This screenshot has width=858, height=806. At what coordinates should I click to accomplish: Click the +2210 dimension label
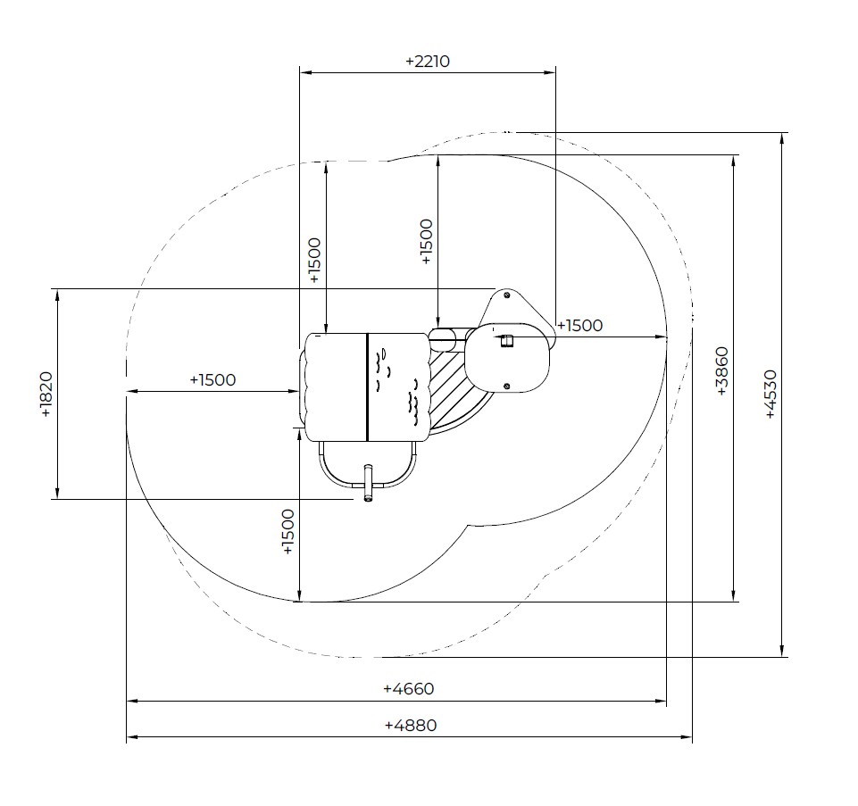pyautogui.click(x=428, y=61)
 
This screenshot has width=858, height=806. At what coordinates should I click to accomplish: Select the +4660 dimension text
pyautogui.click(x=409, y=688)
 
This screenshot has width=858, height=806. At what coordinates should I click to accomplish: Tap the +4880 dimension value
pyautogui.click(x=411, y=726)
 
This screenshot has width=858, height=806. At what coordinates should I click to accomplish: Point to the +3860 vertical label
pyautogui.click(x=721, y=371)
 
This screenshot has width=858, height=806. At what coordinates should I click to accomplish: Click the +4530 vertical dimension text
pyautogui.click(x=770, y=394)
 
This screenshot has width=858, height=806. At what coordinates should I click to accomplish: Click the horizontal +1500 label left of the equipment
pyautogui.click(x=212, y=379)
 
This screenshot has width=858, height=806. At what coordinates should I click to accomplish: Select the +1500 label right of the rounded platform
pyautogui.click(x=580, y=326)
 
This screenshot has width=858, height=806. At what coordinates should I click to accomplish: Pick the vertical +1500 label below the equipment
pyautogui.click(x=287, y=532)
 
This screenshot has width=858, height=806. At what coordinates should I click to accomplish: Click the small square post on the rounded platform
pyautogui.click(x=507, y=341)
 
